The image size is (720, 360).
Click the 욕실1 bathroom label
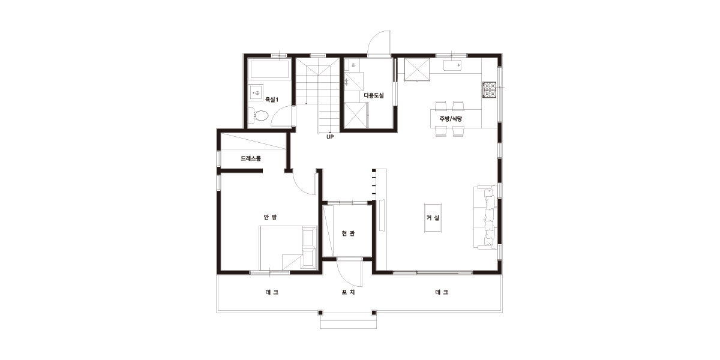point(272,100)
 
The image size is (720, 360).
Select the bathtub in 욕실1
point(269,68)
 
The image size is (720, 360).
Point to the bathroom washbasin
point(257,93)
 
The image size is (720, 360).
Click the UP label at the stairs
point(330,137)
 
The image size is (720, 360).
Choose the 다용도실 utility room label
point(374,95)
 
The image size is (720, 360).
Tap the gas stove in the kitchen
point(489,89)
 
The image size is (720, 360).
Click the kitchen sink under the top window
point(452,65)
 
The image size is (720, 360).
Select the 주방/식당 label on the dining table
point(451,119)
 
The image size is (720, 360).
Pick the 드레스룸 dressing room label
point(251,158)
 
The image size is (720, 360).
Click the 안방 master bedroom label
point(270,217)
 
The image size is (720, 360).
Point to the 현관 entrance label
point(348,233)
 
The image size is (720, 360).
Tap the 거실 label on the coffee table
point(433,218)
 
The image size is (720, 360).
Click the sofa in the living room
point(485,217)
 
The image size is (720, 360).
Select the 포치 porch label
point(348,292)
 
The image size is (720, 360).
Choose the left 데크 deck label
point(272,292)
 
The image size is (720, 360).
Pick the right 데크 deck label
point(442,292)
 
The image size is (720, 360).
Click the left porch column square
point(320,313)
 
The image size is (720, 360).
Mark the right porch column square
point(374,313)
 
